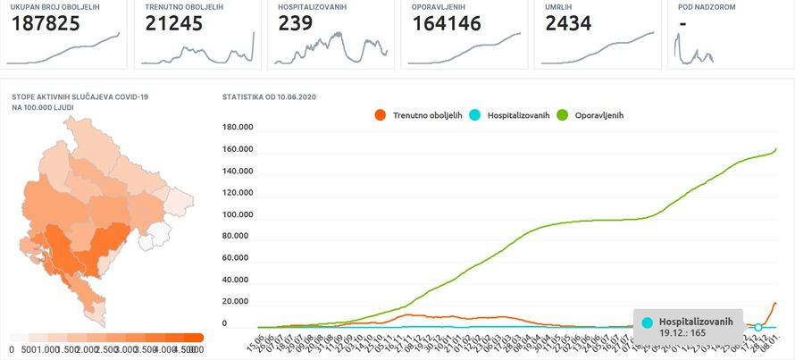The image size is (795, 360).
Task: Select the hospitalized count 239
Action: (296, 24)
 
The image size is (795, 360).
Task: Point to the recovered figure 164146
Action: (447, 24)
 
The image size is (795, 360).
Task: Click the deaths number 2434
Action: (568, 24)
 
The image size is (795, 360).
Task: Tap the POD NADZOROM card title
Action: (707, 7)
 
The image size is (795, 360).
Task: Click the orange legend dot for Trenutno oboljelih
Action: (381, 115)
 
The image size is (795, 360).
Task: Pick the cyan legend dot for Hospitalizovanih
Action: (476, 115)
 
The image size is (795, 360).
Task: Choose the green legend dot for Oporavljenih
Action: (562, 115)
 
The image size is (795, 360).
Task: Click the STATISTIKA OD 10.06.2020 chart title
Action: (269, 96)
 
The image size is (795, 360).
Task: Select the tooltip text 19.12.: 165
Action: (682, 332)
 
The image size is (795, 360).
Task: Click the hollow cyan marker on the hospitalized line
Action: (758, 327)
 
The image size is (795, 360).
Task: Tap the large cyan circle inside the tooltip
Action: (648, 322)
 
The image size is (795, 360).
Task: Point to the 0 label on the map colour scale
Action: (11, 349)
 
